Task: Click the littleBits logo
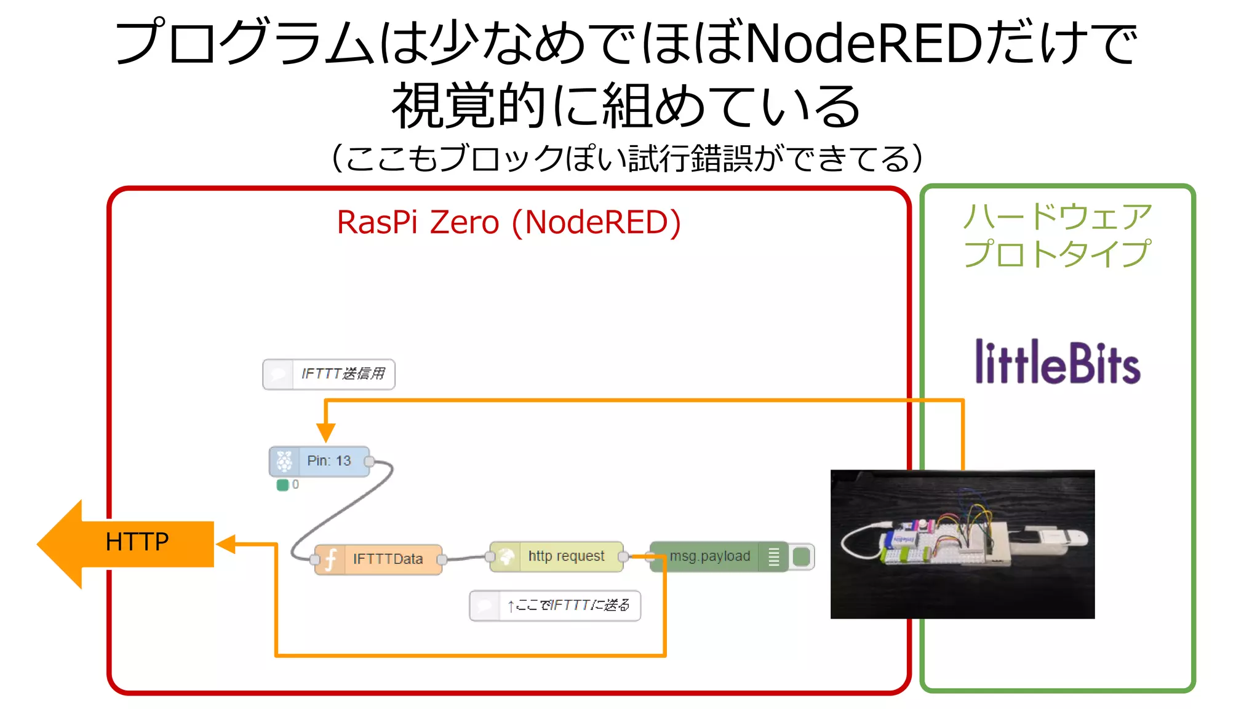click(1057, 363)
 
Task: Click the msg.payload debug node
click(709, 556)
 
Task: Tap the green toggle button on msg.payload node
click(801, 557)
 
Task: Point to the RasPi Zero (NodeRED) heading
click(509, 222)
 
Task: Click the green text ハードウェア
click(1057, 216)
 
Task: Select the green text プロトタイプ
click(1057, 254)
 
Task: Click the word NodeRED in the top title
click(863, 43)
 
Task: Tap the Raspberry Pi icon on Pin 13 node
click(284, 461)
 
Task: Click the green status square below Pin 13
click(283, 485)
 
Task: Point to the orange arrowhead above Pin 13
click(325, 431)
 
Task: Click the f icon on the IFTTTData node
click(330, 559)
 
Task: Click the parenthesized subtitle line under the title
click(628, 159)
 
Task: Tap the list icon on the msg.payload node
click(774, 557)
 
